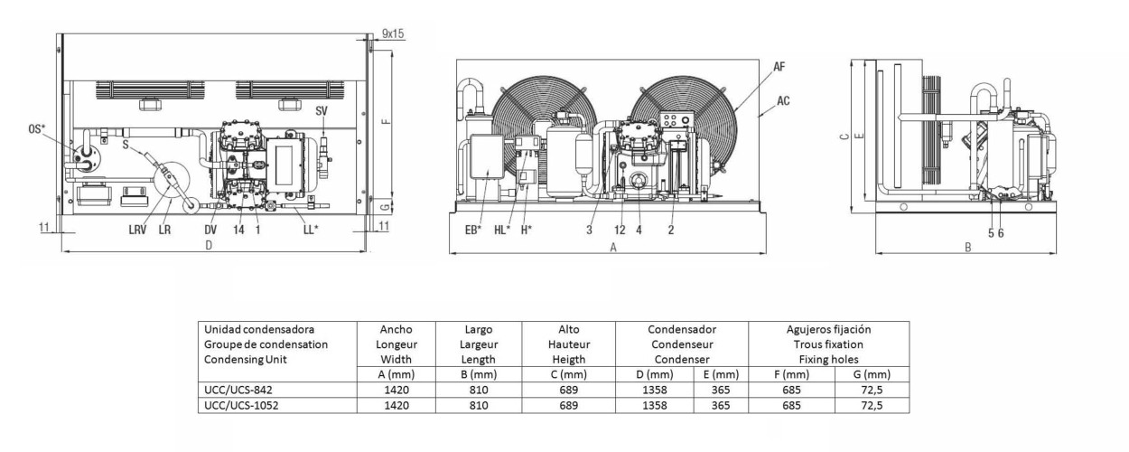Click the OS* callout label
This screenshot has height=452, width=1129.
(37, 129)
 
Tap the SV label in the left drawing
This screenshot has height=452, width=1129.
(322, 110)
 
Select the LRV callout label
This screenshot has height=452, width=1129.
(137, 230)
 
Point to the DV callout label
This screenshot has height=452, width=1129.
(210, 230)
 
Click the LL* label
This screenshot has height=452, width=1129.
(311, 230)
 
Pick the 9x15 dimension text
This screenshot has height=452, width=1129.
(393, 33)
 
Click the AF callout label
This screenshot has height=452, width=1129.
(779, 67)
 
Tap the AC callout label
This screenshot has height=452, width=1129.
(783, 101)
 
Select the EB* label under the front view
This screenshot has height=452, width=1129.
(473, 231)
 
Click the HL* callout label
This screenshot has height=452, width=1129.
(502, 231)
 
